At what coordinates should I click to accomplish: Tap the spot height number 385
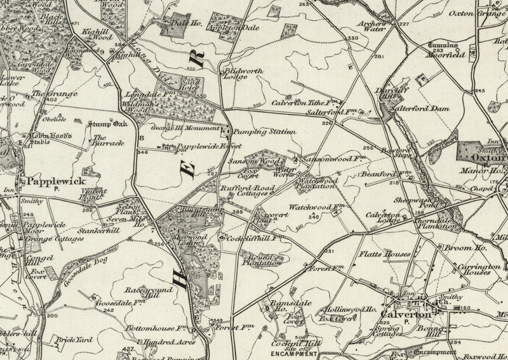(x=238, y=211)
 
